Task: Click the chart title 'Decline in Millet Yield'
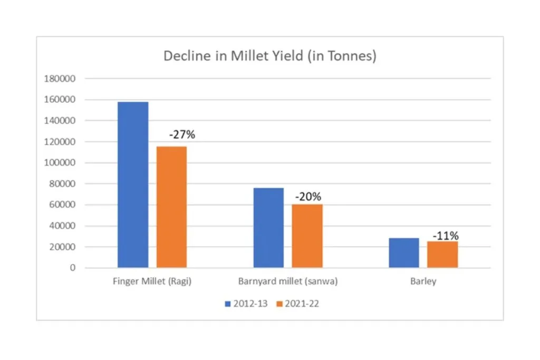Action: pos(269,56)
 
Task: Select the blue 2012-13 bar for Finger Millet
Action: pos(133,184)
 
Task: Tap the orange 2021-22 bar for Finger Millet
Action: pos(171,207)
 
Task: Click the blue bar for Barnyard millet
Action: pos(268,228)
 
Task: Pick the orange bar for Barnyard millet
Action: pos(307,236)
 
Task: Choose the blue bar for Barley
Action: pos(404,253)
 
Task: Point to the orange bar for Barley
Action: pos(442,255)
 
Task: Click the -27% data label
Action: pos(182,135)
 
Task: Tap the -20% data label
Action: pos(308,197)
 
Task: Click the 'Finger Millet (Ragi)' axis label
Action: pos(152,281)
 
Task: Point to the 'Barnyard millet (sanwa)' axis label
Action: pos(288,281)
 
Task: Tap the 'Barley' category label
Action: pos(423,281)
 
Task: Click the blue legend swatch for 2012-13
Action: pos(228,304)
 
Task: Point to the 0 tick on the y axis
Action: pos(73,268)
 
